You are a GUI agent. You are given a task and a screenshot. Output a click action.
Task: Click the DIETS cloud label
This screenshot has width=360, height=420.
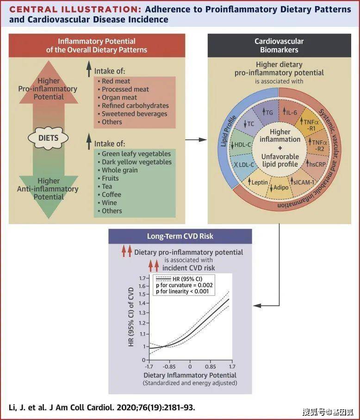coord(48,138)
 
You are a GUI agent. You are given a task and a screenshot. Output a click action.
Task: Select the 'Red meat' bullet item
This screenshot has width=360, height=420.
coord(114,81)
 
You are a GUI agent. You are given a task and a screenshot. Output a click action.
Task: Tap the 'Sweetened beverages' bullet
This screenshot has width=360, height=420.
coord(132,114)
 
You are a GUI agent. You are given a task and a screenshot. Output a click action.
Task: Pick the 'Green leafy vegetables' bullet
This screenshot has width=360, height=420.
coord(134,154)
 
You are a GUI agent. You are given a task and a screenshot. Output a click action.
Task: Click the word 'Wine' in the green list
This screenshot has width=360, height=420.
coord(109,203)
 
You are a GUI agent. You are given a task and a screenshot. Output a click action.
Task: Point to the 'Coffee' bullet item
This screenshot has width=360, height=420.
coord(110,194)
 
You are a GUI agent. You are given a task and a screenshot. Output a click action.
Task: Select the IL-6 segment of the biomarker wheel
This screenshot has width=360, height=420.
coord(290,112)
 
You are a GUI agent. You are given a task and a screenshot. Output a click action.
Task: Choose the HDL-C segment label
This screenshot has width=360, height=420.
coord(242,145)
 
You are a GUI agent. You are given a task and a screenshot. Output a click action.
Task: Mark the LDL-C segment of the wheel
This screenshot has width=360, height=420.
coord(244,164)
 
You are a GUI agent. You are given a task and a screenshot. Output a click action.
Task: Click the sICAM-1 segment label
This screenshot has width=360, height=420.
coord(303,182)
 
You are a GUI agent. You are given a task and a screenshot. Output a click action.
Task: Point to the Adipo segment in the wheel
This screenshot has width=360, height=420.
coord(279,188)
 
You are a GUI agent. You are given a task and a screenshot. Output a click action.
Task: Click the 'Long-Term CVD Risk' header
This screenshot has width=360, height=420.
coord(180,236)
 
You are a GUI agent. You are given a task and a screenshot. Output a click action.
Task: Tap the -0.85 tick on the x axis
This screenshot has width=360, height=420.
coord(169,366)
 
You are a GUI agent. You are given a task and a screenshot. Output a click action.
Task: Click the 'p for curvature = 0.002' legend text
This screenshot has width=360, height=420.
coord(184,285)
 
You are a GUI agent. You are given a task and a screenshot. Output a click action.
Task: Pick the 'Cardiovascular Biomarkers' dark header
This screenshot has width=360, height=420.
coord(279,45)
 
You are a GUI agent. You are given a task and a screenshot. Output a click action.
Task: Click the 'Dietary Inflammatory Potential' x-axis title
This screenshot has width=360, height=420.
coord(190,375)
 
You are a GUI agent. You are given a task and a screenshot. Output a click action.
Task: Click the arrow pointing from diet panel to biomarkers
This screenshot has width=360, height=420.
coord(196,139)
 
